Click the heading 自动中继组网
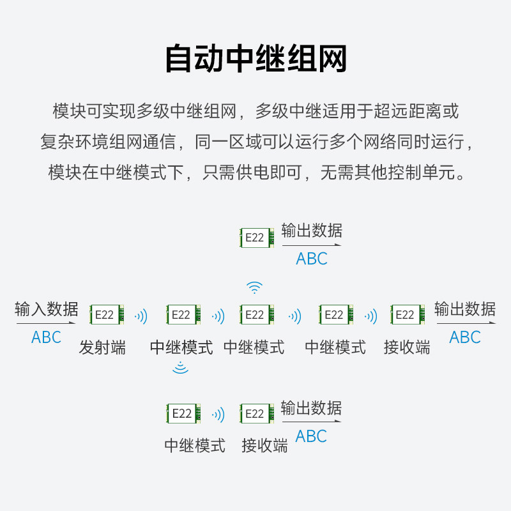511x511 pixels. tap(256, 59)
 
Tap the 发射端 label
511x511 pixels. tap(102, 347)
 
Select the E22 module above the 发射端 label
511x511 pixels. tap(106, 315)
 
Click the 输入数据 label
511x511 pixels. tap(47, 310)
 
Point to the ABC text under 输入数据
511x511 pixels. tap(47, 337)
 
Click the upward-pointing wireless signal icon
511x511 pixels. tap(255, 287)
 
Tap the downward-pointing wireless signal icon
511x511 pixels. tap(181, 367)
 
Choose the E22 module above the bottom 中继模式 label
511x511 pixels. tap(183, 414)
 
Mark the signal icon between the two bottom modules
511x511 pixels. tap(218, 415)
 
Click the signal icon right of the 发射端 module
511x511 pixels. tap(141, 316)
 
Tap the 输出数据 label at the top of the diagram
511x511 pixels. tap(312, 231)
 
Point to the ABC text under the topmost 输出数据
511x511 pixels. tap(312, 259)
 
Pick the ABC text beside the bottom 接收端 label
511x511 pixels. tap(312, 436)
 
